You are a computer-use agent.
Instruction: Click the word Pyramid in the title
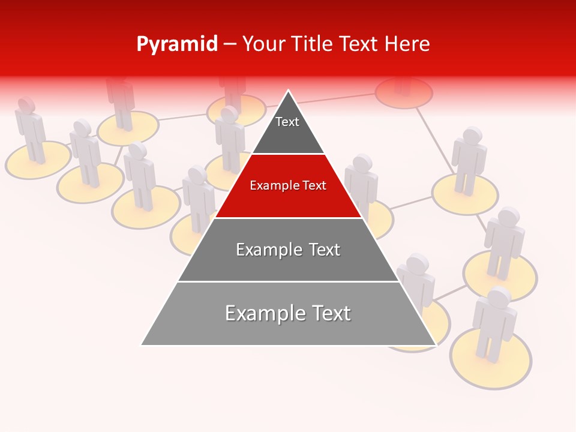tap(177, 44)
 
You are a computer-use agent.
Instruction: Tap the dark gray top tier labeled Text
tap(287, 129)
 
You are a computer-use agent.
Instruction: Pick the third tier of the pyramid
tap(288, 250)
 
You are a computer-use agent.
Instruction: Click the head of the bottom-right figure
tap(499, 298)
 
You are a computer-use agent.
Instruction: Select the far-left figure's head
tap(26, 104)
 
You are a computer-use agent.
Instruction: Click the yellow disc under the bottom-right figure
tap(491, 366)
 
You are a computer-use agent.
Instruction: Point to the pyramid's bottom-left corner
tap(142, 345)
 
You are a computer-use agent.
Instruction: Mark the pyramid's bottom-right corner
tap(435, 345)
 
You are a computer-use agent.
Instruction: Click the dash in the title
tap(230, 44)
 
